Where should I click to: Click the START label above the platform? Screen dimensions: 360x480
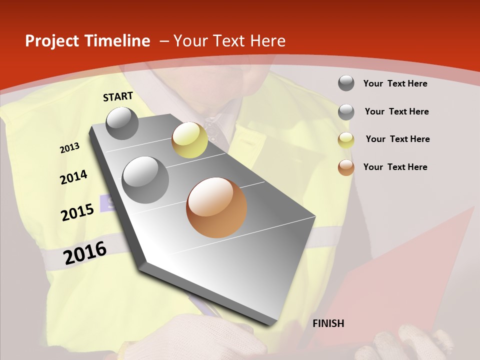pos(118,96)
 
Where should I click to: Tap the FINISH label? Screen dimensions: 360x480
pos(328,323)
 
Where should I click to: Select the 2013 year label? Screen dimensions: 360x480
pos(69,147)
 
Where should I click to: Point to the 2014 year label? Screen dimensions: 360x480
pos(73,177)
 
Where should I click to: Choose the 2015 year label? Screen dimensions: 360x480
pos(77,212)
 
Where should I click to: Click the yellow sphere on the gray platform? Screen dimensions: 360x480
pos(189,140)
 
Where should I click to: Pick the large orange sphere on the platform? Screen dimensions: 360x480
pos(216,207)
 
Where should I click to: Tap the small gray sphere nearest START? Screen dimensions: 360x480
pos(122,123)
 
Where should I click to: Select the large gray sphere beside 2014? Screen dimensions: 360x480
pos(145,179)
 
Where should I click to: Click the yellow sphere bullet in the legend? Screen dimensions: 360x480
pos(346,140)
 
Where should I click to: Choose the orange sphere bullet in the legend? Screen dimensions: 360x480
pos(346,167)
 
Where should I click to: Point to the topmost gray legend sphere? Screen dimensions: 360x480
pos(346,83)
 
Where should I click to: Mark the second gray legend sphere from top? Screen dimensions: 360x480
pos(346,112)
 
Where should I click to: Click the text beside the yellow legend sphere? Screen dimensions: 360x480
pos(397,139)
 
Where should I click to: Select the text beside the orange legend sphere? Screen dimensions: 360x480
pos(395,167)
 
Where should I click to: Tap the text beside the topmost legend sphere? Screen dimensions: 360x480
pos(395,83)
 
